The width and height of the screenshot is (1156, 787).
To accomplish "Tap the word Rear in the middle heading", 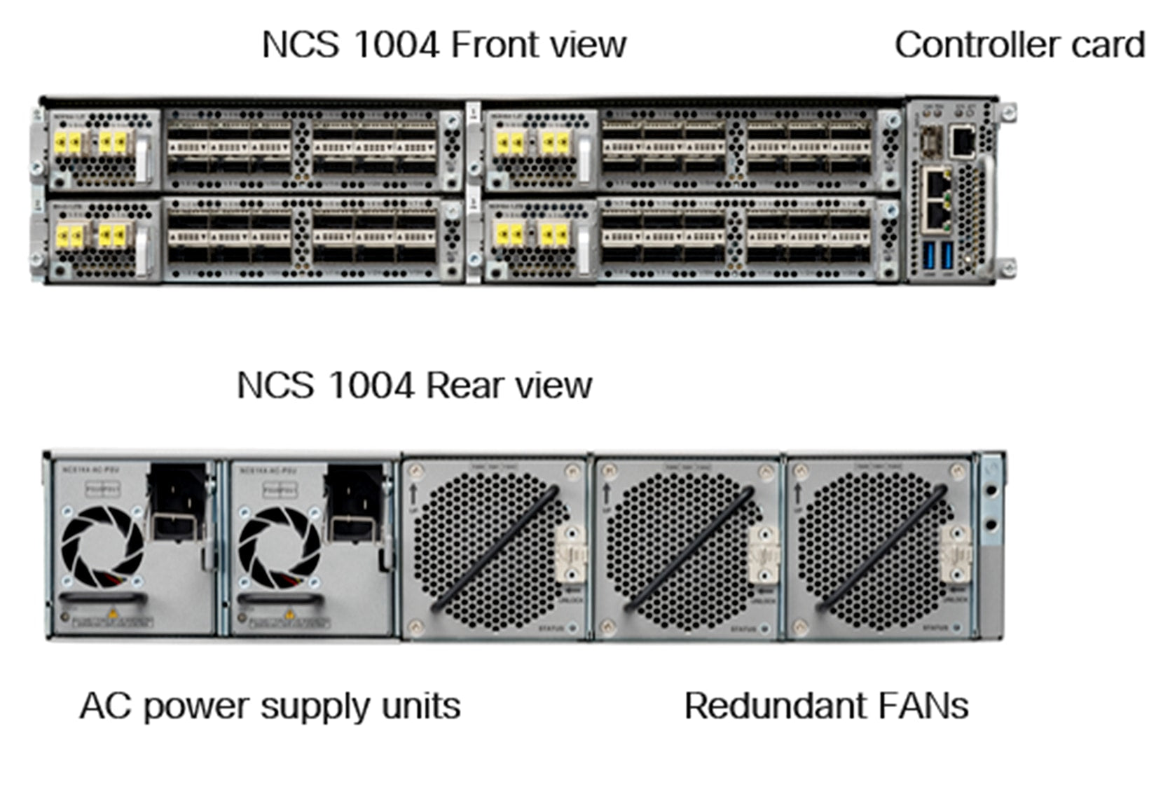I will [x=464, y=385].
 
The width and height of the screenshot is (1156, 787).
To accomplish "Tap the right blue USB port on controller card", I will [x=948, y=256].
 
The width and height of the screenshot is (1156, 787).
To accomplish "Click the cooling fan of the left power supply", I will [x=102, y=547].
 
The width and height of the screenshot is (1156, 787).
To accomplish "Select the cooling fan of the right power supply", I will [x=280, y=547].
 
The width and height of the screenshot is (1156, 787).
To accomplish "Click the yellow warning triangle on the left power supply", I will [x=111, y=615].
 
